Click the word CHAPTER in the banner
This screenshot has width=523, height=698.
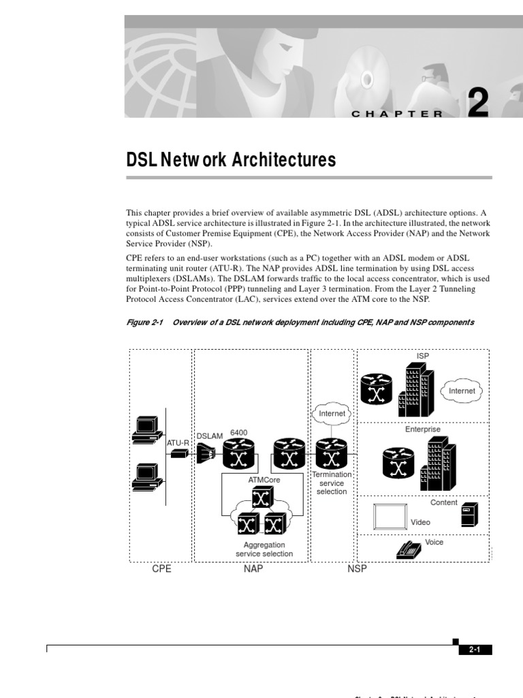pyautogui.click(x=397, y=114)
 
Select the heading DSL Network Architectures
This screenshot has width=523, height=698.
pyautogui.click(x=232, y=160)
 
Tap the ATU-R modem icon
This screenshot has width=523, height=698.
pyautogui.click(x=179, y=453)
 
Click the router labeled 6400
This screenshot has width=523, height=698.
pyautogui.click(x=238, y=453)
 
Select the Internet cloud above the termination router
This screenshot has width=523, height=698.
pyautogui.click(x=332, y=413)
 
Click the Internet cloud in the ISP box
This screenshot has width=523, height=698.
pyautogui.click(x=462, y=391)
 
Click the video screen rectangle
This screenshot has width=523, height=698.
pyautogui.click(x=390, y=517)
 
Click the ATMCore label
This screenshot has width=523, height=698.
pyautogui.click(x=264, y=480)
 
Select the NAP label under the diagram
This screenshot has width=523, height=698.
pyautogui.click(x=253, y=569)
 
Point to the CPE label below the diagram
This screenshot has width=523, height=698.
pyautogui.click(x=161, y=569)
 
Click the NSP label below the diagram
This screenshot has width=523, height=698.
pyautogui.click(x=357, y=569)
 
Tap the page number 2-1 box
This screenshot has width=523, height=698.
pyautogui.click(x=475, y=650)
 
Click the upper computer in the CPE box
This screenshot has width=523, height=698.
pyautogui.click(x=146, y=428)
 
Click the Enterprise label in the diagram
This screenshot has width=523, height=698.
pyautogui.click(x=423, y=429)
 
